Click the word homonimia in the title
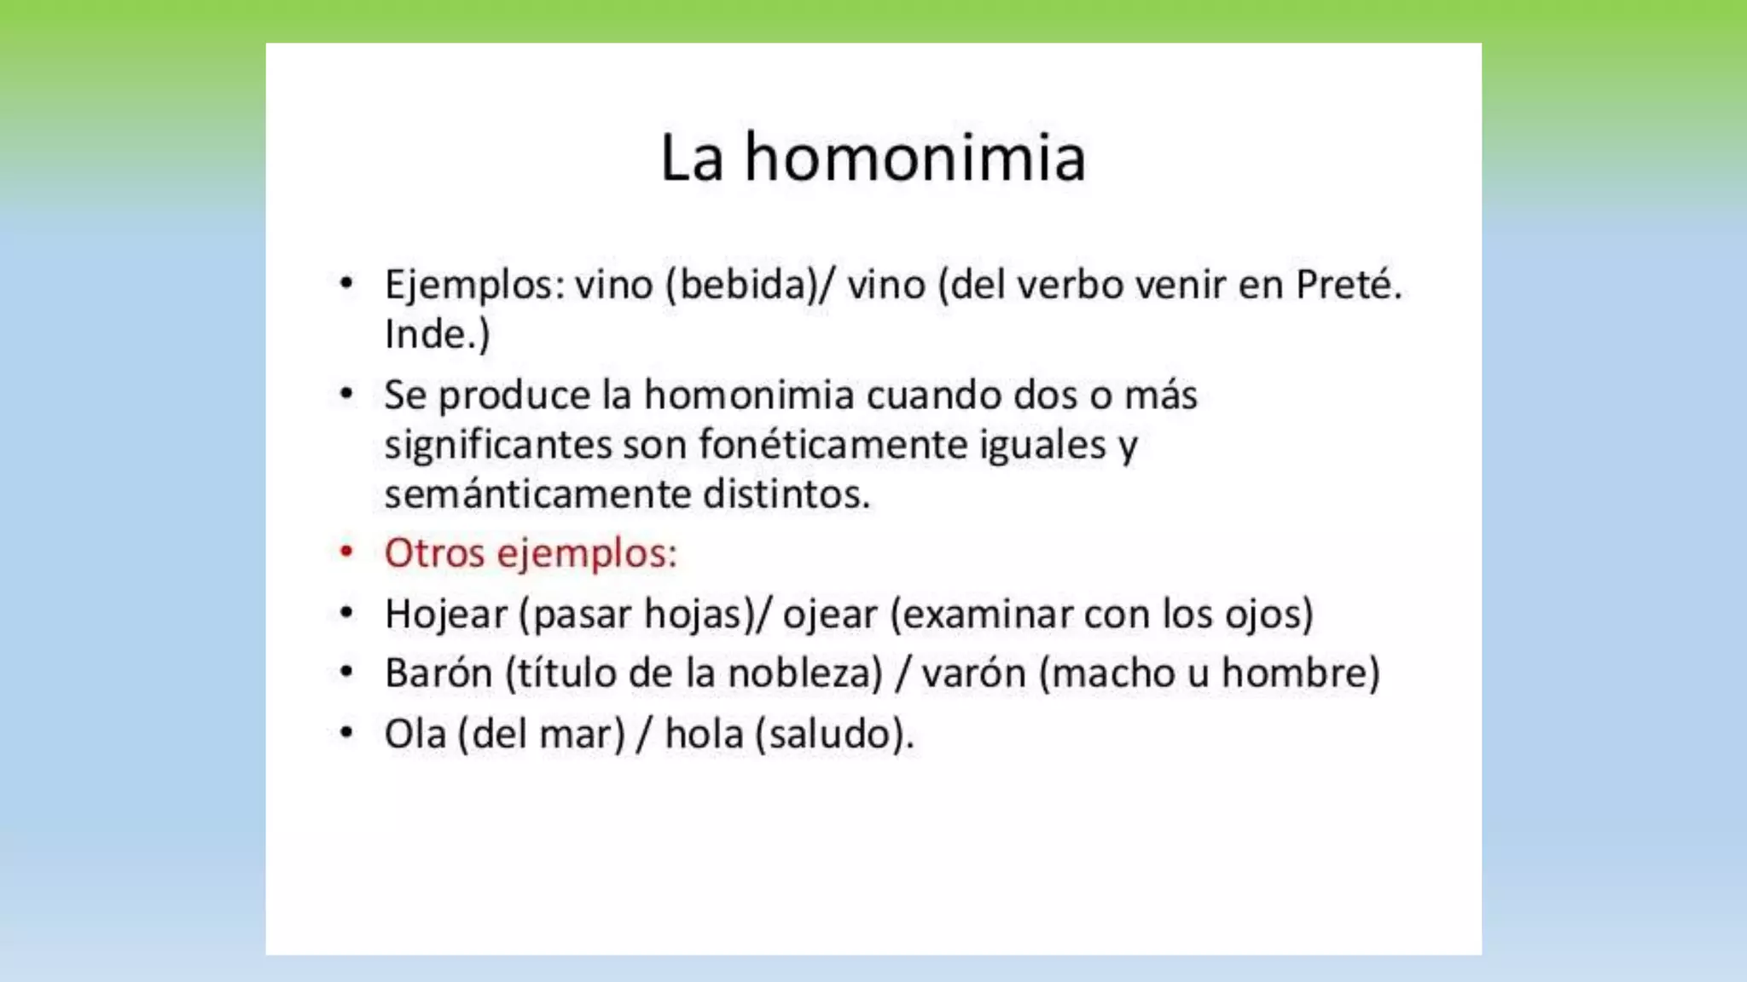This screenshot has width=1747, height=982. click(915, 159)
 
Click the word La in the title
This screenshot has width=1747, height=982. click(692, 159)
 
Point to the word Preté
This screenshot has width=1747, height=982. click(1349, 285)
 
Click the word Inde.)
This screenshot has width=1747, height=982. click(437, 334)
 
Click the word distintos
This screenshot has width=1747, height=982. click(786, 494)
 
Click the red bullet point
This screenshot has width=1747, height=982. click(346, 552)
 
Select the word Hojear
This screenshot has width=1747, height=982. click(445, 615)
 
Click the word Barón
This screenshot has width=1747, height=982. click(438, 673)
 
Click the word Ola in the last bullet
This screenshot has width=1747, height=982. click(415, 734)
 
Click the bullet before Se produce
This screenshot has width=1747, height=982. click(346, 394)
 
